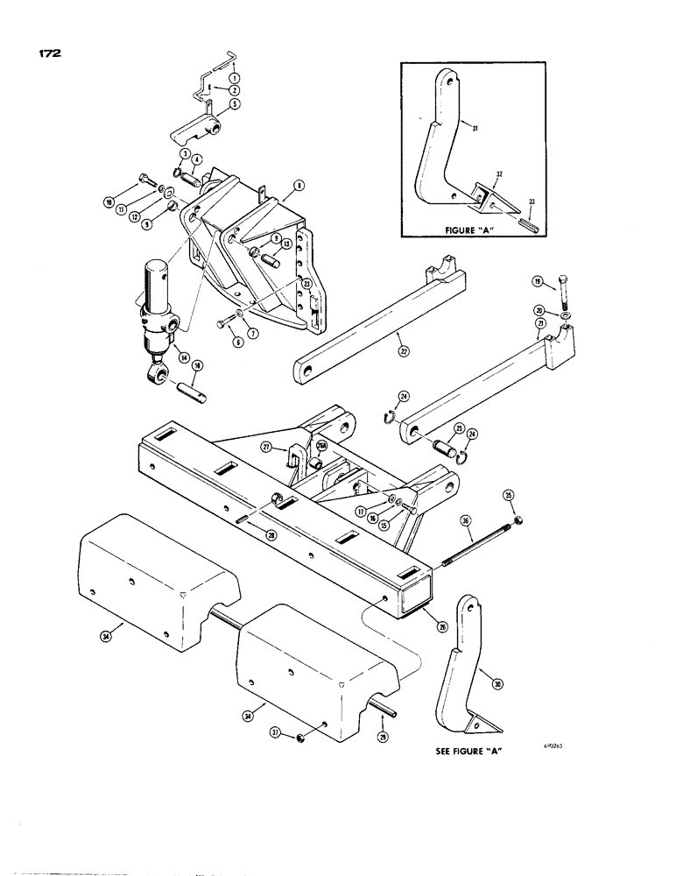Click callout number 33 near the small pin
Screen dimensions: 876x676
[529, 201]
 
